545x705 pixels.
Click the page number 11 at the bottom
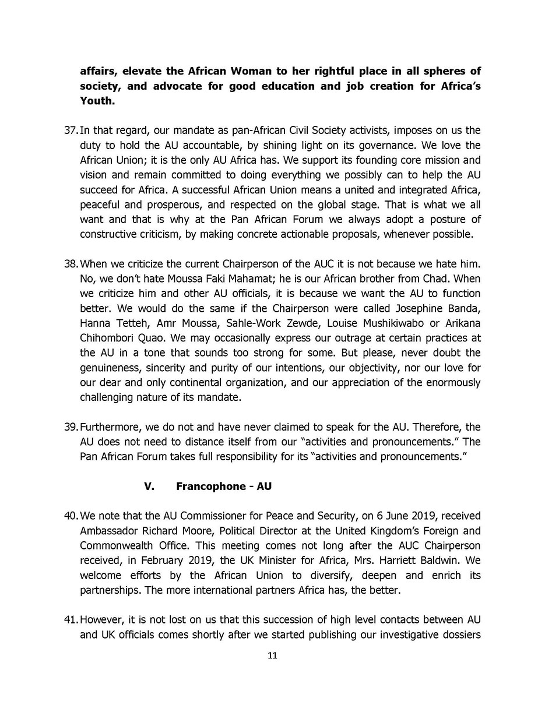pyautogui.click(x=272, y=655)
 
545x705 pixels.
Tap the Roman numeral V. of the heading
pyautogui.click(x=149, y=487)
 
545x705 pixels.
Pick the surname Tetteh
pyautogui.click(x=130, y=323)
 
